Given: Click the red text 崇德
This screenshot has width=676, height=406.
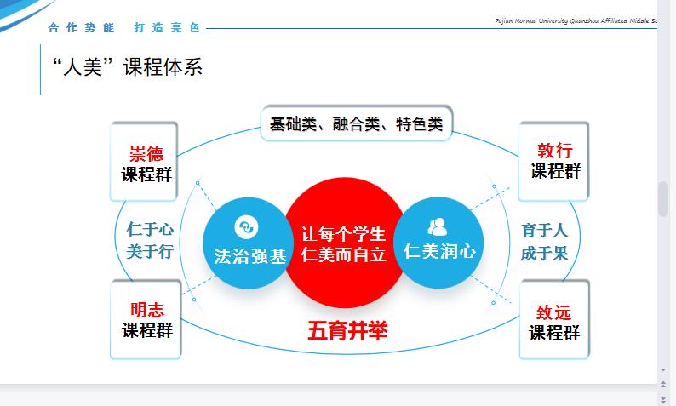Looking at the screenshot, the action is (146, 154).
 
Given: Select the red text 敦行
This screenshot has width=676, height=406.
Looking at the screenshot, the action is (555, 151).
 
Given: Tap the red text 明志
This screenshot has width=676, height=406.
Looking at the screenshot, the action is (147, 310).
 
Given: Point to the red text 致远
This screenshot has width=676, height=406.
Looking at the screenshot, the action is (553, 312).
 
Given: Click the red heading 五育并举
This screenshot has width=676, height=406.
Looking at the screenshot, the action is (347, 331).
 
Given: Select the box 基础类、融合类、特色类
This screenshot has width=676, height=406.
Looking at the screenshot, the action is (357, 123).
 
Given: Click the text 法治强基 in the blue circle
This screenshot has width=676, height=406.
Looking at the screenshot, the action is (250, 256).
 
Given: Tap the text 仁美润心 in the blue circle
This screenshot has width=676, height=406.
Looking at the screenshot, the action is (439, 251).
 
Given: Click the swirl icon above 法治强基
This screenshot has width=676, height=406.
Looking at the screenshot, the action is (247, 226).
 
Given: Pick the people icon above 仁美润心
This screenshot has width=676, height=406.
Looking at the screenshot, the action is (438, 227).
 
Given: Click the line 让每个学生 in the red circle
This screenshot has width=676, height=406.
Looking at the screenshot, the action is (343, 234).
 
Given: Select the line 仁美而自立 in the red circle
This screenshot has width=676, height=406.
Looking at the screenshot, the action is (343, 254).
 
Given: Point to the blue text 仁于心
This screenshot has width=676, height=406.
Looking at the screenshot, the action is (150, 229).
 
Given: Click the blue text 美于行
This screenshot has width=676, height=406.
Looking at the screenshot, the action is (150, 251).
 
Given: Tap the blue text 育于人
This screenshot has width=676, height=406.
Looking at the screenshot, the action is (544, 231).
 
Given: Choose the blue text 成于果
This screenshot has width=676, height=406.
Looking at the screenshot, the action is (544, 254).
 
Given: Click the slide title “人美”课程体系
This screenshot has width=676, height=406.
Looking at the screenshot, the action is (127, 67).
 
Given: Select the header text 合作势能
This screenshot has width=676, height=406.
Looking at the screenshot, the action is (82, 28).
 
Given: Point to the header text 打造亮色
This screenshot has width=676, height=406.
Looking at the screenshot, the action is (167, 28).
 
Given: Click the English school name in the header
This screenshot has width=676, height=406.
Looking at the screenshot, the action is (576, 20).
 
